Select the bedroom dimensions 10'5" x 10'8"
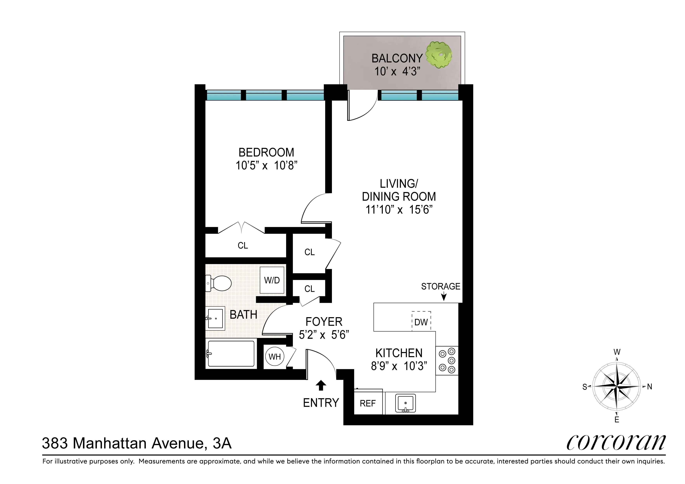tap(267, 165)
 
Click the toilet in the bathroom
tap(219, 283)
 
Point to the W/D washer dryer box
tap(272, 280)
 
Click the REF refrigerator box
tap(368, 403)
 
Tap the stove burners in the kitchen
tap(447, 361)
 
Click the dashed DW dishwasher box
tap(421, 321)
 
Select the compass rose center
tap(616, 386)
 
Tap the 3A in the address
tap(222, 443)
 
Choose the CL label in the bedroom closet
tap(243, 245)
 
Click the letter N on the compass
tap(649, 387)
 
